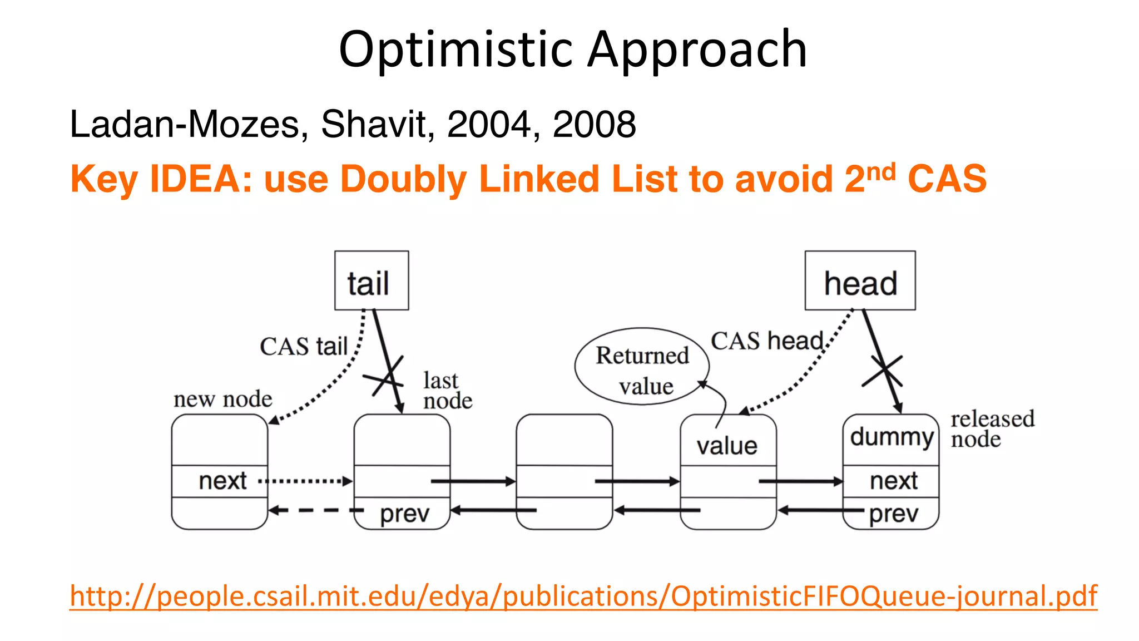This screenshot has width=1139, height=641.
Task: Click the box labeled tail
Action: coord(371,280)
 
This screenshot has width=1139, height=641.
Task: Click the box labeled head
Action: coord(860,280)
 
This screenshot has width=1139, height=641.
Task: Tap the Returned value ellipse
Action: coord(642,366)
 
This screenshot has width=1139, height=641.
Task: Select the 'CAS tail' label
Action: coord(304,346)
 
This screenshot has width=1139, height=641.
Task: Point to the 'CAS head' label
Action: coord(767,341)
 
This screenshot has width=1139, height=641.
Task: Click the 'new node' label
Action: coord(222,399)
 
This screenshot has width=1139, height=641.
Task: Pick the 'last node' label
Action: coord(447,391)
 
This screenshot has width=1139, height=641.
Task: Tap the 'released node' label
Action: coord(992,428)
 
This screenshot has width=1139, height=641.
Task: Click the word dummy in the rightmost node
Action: coord(891,437)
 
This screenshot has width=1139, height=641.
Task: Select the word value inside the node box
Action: coord(727,446)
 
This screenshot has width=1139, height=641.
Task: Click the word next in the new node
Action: coord(222,481)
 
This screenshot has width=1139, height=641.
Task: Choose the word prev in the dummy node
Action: coord(893,514)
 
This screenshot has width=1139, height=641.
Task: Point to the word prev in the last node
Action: coord(404,514)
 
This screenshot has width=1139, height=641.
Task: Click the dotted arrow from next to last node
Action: coord(306,481)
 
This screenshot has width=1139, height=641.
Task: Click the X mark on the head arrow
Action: coord(883,371)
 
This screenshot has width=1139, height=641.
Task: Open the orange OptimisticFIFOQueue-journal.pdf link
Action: coord(583,596)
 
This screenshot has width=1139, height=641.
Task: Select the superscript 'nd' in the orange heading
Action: coord(881,172)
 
